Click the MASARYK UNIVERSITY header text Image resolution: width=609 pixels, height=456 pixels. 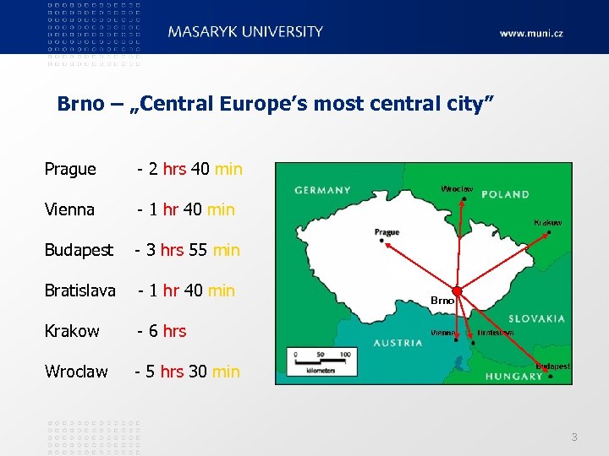pos(245,32)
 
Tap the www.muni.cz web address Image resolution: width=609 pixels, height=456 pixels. pos(530,34)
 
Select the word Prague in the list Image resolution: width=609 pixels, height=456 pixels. pos(70,169)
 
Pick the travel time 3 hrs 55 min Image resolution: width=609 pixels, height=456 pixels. pos(189,250)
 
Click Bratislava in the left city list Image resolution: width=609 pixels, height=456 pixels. pos(80,290)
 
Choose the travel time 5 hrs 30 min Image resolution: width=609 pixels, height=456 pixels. pos(189,372)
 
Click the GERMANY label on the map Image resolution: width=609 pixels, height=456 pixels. pos(322,191)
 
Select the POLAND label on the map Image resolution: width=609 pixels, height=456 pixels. pos(505,194)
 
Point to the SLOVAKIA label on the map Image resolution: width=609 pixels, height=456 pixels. pos(536,319)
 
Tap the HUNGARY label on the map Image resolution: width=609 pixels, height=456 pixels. pos(513,376)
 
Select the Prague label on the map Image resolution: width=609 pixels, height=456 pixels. pos(387,232)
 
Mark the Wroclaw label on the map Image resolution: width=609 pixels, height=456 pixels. pos(457,188)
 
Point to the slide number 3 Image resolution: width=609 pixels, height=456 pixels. pos(574,437)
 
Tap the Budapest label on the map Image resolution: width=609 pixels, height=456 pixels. pos(553,366)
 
